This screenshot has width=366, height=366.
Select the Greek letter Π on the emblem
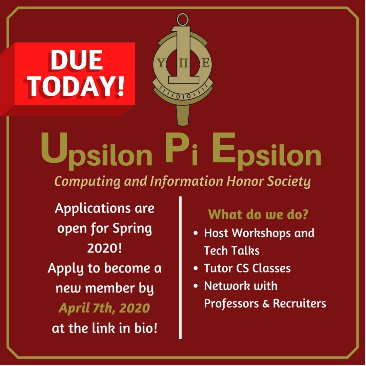[183, 64]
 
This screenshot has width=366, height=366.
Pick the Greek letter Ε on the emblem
[205, 64]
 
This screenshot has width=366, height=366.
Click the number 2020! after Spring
[104, 248]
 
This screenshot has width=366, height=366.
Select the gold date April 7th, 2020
[104, 308]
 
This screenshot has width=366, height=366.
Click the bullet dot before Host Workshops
[196, 234]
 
